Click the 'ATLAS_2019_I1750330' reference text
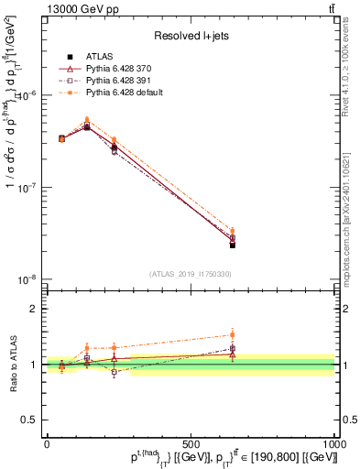[x=190, y=274]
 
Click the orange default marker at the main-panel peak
[x=87, y=119]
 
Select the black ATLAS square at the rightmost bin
[x=233, y=245]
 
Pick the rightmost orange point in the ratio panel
[x=233, y=334]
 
